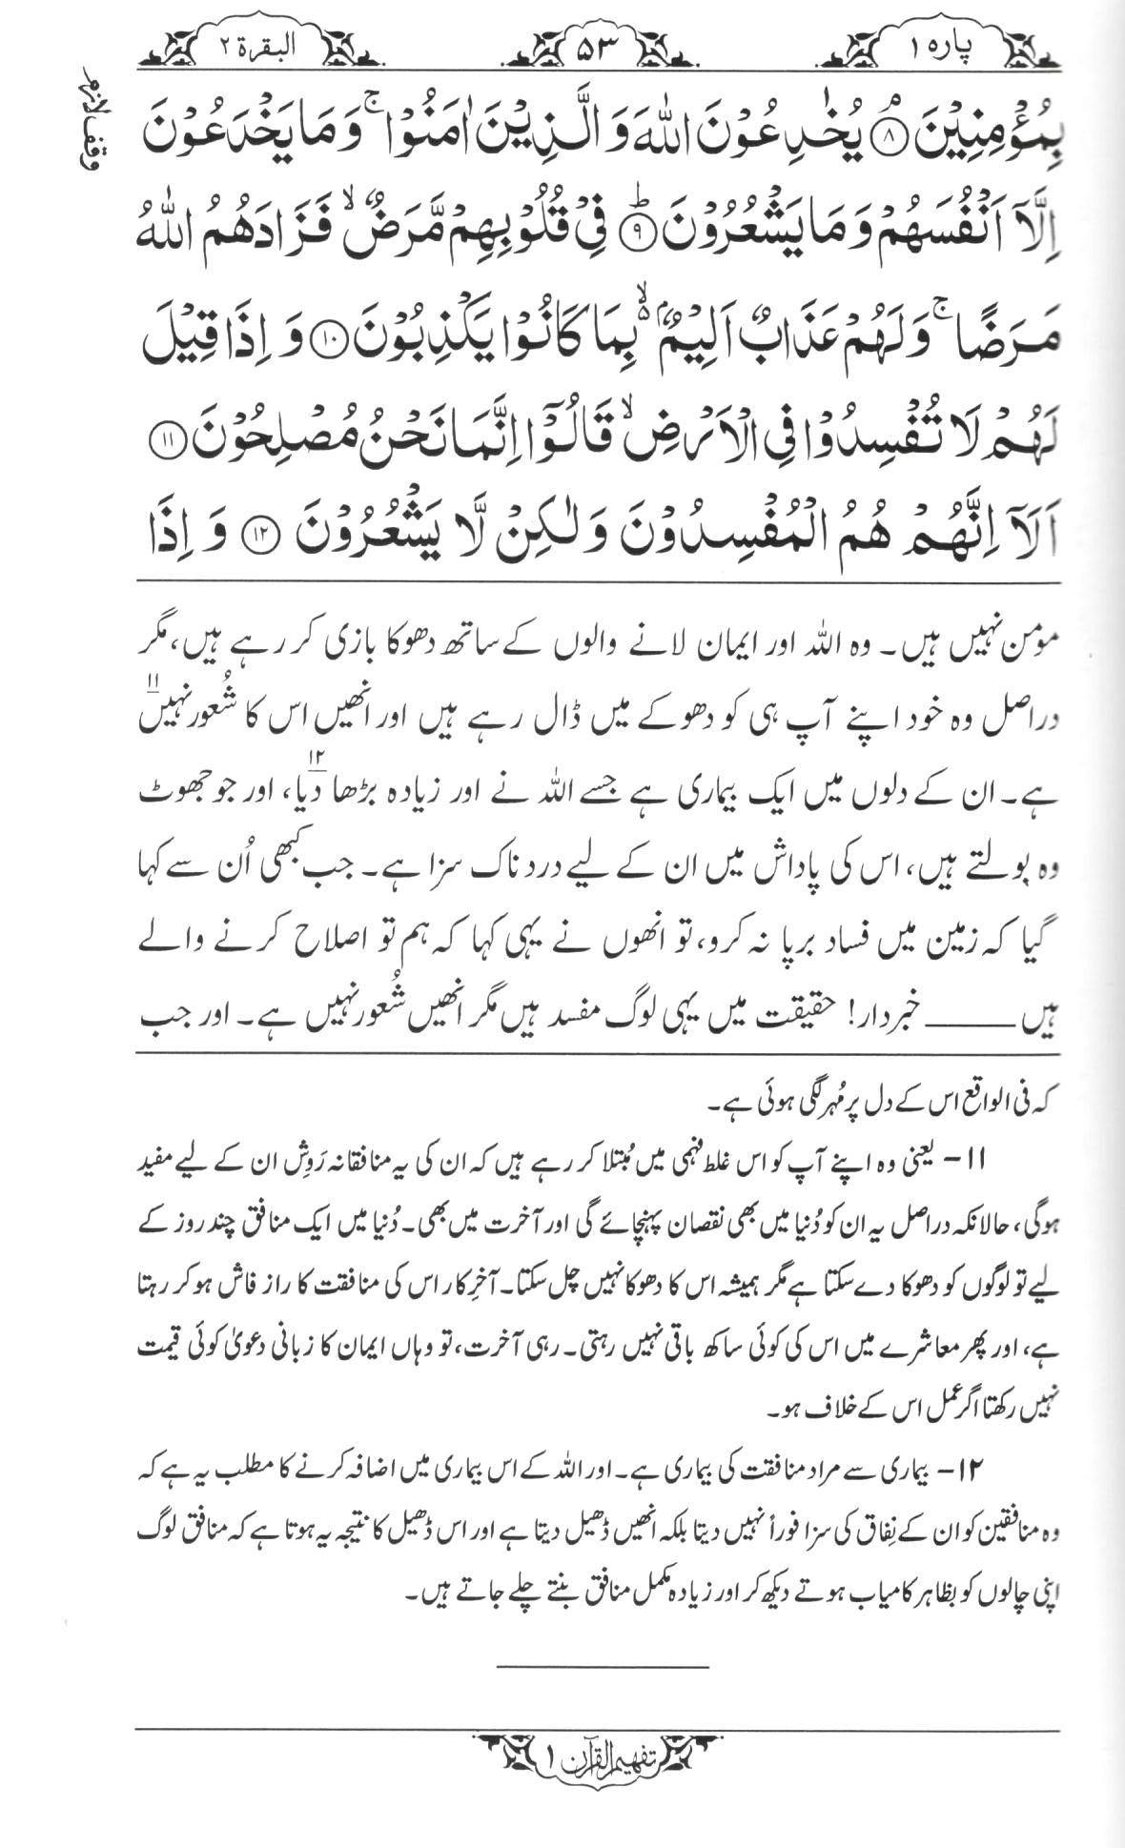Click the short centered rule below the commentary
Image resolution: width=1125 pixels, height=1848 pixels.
[x=603, y=1666]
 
